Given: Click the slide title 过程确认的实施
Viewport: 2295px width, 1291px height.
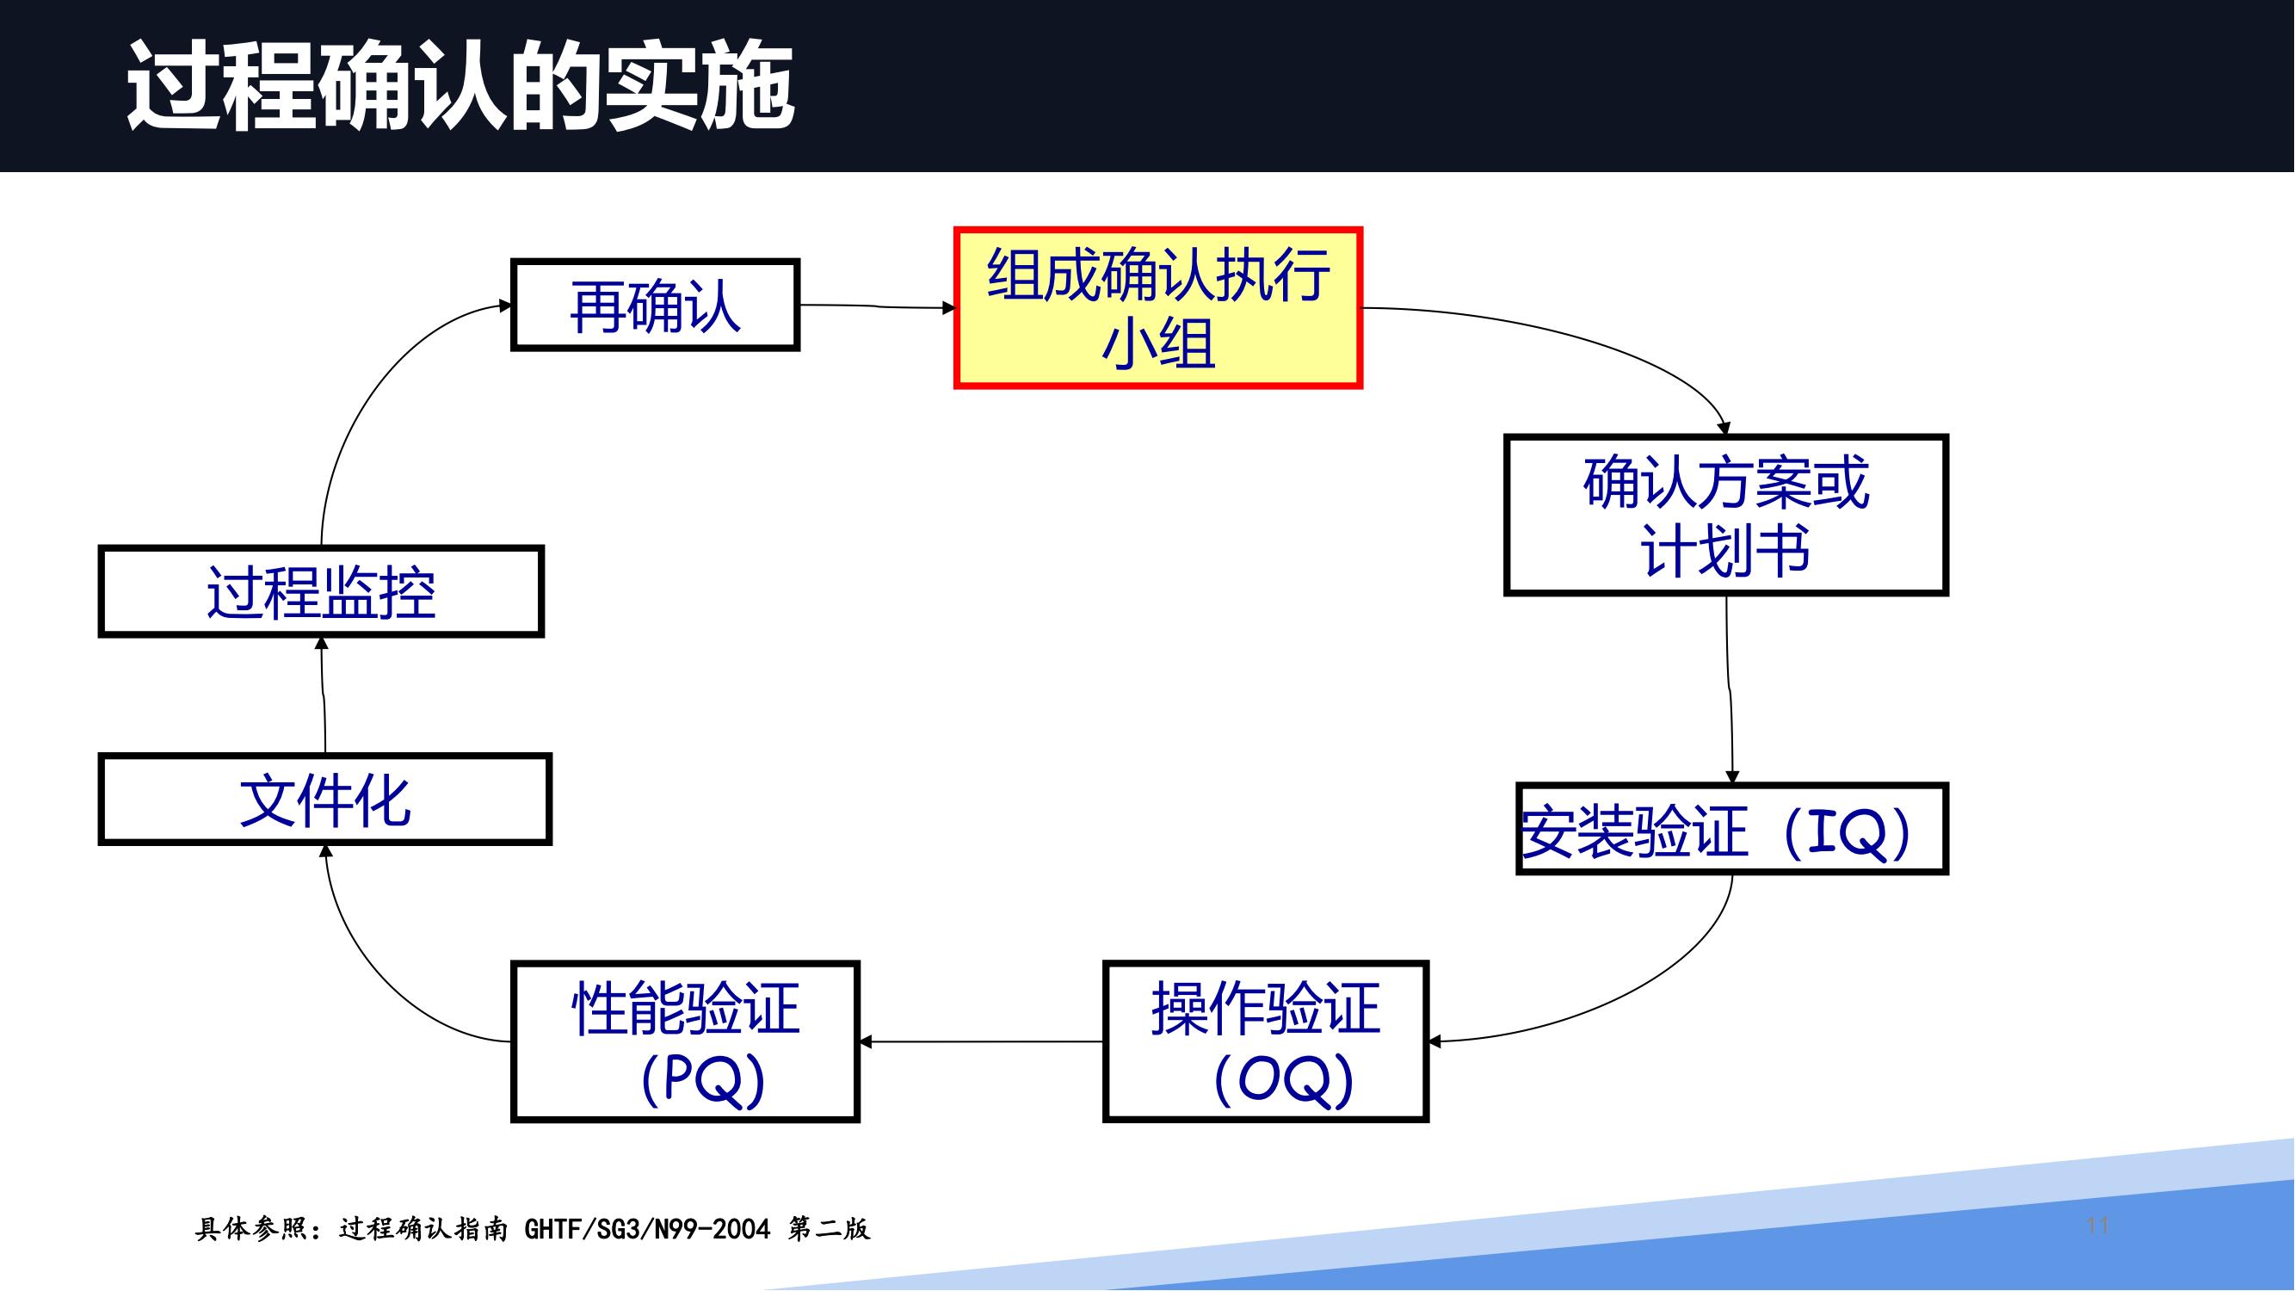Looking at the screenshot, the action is (x=460, y=85).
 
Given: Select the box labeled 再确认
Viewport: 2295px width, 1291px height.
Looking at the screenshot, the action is (x=655, y=305).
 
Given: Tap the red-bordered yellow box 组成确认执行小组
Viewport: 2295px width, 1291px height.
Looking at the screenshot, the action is (x=1158, y=308).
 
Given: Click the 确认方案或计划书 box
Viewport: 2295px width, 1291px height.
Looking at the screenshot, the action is (x=1726, y=515).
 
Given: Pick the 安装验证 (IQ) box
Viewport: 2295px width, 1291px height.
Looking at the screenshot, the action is (x=1732, y=830).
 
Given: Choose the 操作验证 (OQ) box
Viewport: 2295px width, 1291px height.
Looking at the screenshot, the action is (x=1266, y=1041).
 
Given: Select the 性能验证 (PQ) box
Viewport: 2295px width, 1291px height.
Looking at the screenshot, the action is (x=685, y=1041).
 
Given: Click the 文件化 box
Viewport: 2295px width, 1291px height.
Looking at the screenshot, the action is (x=325, y=800).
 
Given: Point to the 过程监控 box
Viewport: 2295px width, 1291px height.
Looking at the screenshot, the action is (x=321, y=591).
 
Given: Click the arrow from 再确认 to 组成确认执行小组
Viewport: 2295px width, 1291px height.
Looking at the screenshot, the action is (x=878, y=306).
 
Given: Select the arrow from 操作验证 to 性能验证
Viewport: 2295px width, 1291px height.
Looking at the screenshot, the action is (x=981, y=1041).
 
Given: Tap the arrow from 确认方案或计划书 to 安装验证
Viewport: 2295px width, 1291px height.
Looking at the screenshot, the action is (x=1730, y=689).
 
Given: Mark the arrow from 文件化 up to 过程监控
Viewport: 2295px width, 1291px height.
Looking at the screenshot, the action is (x=324, y=695).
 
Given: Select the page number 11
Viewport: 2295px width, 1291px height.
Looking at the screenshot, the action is (x=2097, y=1226).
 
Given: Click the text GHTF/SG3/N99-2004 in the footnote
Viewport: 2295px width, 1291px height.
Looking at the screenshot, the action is (x=647, y=1230).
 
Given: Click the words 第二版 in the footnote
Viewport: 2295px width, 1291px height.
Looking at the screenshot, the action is (x=829, y=1230).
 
